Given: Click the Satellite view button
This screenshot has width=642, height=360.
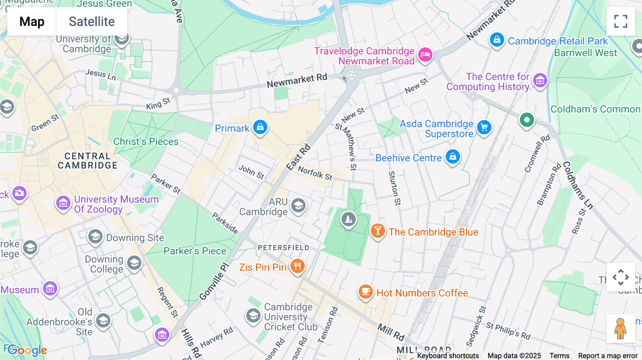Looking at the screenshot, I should tap(92, 22).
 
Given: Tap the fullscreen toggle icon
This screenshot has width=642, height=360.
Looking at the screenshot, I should tap(621, 21).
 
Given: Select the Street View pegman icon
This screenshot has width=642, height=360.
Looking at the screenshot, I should tap(620, 328).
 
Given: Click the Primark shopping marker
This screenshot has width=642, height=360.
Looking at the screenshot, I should tap(260, 127).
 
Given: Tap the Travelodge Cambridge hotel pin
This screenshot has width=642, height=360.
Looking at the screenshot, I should tap(425, 55).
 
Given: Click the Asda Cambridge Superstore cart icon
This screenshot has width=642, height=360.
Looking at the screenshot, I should tap(484, 128).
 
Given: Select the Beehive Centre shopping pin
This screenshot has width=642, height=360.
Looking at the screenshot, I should tap(453, 157).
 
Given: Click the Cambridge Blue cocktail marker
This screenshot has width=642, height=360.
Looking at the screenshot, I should tap(377, 231).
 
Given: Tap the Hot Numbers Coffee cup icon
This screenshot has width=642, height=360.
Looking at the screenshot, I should tap(365, 292).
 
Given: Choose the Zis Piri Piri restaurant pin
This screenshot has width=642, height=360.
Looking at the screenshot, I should tap(297, 266).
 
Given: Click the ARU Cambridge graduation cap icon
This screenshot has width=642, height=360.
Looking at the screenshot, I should tap(298, 206).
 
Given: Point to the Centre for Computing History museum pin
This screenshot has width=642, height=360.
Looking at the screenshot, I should tap(540, 81).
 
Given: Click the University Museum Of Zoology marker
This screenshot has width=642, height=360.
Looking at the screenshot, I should tap(63, 204).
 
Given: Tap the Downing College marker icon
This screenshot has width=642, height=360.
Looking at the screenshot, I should tap(134, 263).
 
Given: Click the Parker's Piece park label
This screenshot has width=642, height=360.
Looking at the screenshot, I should tap(195, 251).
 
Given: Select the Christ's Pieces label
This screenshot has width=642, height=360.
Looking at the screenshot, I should tap(146, 142).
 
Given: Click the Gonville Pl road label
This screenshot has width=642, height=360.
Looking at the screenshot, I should tap(214, 282).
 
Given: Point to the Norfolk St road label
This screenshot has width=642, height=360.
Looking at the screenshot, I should tap(315, 173).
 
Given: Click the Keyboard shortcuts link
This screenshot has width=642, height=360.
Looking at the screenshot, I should tap(448, 355).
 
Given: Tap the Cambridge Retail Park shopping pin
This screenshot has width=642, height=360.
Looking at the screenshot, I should tap(496, 40).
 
